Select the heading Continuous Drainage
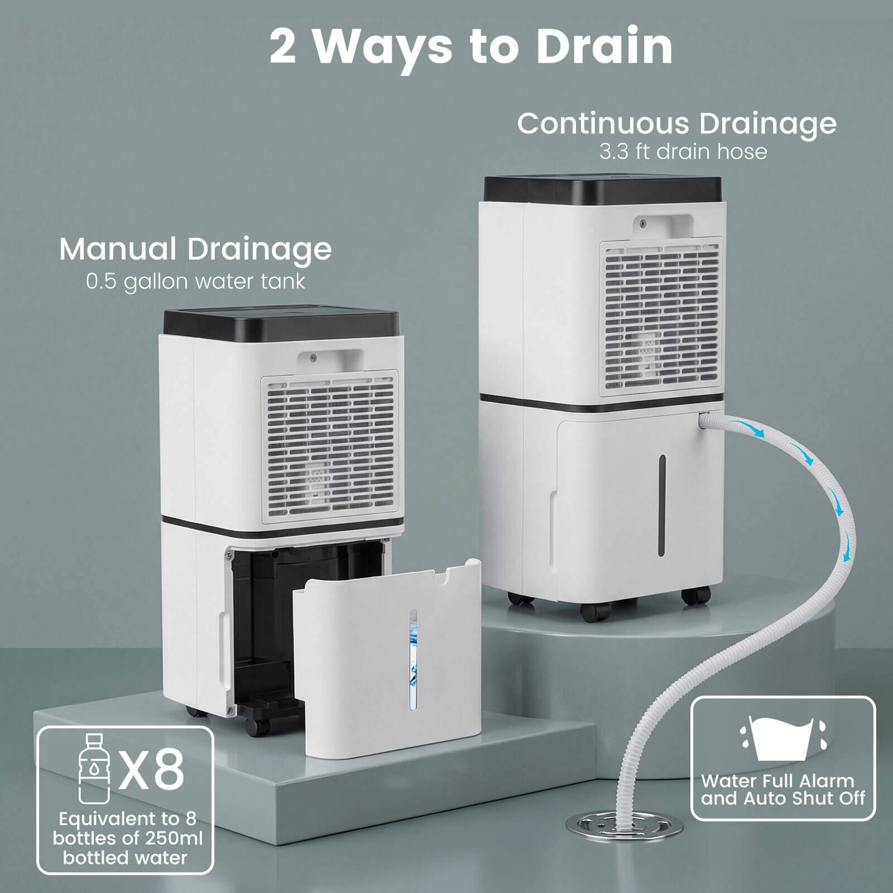click(x=676, y=123)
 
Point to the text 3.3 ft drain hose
click(x=683, y=152)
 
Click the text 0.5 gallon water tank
click(x=195, y=281)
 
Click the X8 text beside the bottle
click(x=152, y=770)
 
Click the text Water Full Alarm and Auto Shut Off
click(x=783, y=789)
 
